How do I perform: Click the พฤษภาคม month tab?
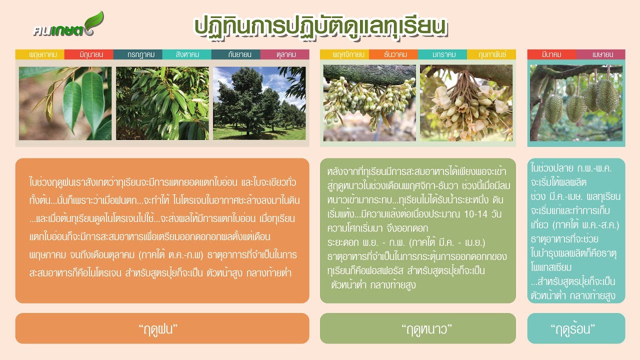[x=40, y=54]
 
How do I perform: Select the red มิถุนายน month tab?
[x=89, y=54]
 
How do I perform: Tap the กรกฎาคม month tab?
[x=138, y=54]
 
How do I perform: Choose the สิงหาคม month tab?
[x=187, y=54]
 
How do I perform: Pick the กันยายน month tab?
[x=236, y=54]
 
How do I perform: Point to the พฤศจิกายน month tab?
[x=344, y=54]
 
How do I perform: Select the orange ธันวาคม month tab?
[x=393, y=54]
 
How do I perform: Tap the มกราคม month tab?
[x=442, y=54]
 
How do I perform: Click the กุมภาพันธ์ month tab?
[x=491, y=54]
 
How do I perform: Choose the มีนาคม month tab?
[x=551, y=54]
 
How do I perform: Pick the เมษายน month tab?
[x=600, y=54]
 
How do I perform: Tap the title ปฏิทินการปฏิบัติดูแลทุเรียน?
[x=320, y=26]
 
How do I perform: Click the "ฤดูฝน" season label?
[x=162, y=328]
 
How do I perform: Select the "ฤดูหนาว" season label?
[x=417, y=328]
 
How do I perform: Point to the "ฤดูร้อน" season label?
[x=576, y=328]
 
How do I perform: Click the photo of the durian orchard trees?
[x=259, y=103]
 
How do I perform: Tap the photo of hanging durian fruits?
[x=576, y=103]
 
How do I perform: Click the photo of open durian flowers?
[x=466, y=103]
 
